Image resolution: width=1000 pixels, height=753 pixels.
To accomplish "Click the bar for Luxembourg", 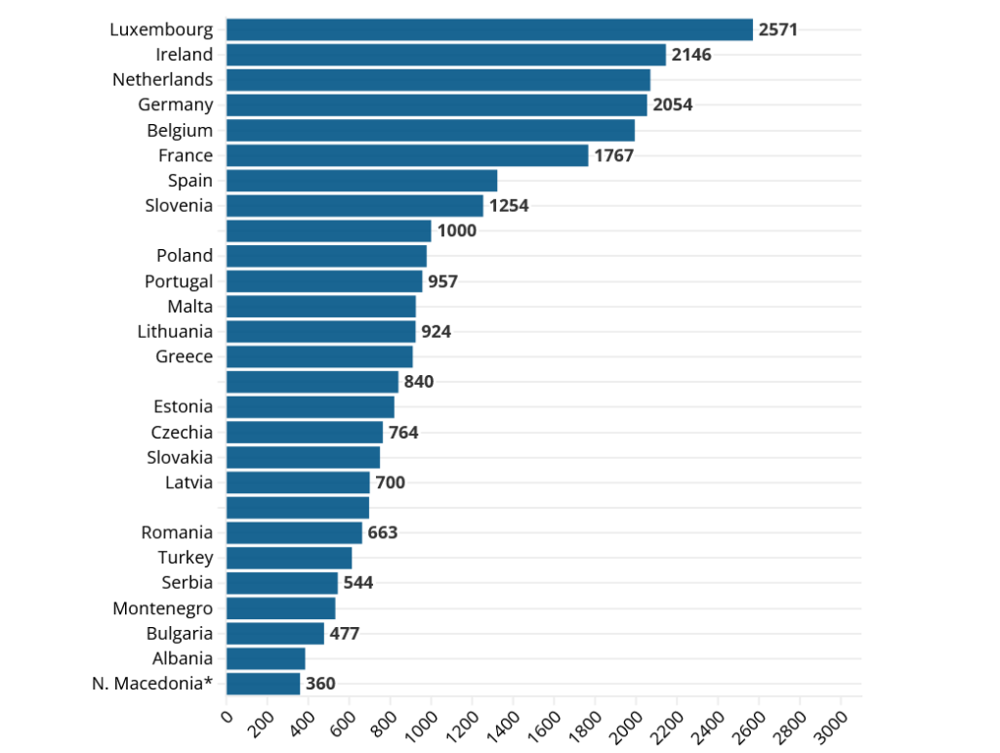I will (x=488, y=29).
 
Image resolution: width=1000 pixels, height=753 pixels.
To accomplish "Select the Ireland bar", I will (x=445, y=55).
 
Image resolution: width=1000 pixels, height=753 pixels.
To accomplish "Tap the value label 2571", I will (x=778, y=29).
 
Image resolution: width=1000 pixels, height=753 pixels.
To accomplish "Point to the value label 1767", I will (x=614, y=155).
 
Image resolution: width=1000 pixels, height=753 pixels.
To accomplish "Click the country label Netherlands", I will (x=162, y=79).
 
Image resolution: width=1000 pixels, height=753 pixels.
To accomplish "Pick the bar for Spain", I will (x=361, y=181).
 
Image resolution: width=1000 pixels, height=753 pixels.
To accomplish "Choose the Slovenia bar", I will (x=354, y=206).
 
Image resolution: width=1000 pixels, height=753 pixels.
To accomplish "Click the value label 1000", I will (x=457, y=230).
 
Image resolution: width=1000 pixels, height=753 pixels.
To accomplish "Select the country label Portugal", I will (x=179, y=281).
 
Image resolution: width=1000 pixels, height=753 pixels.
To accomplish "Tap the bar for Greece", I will (x=319, y=356).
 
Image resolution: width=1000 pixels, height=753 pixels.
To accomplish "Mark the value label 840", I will (x=419, y=382).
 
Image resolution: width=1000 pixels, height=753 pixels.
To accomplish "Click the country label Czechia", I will (x=182, y=432).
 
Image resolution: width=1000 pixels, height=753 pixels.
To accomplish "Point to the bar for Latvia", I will (x=298, y=482).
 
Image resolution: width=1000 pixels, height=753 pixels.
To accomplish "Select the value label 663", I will (x=383, y=532).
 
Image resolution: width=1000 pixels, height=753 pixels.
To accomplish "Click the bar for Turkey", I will (x=289, y=558).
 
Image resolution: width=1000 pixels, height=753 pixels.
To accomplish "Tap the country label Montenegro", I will (x=162, y=608).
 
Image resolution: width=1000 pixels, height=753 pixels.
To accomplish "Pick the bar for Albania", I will (x=266, y=658).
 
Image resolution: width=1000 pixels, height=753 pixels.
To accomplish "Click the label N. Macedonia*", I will (x=152, y=684).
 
